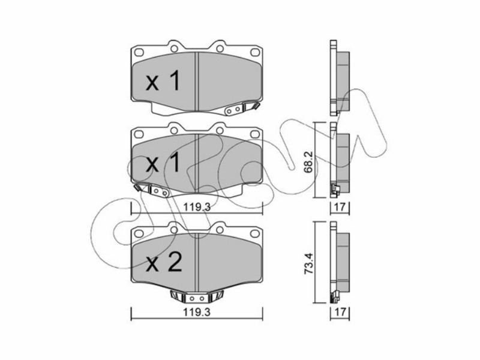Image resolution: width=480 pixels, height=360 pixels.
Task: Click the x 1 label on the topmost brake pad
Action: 163,81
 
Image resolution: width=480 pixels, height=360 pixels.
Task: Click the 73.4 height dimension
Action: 309,263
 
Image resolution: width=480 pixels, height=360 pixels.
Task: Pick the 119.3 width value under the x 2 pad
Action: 197,312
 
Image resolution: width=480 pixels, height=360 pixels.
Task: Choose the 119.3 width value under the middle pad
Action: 197,207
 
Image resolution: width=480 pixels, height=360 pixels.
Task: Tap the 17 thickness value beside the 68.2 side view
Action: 340,207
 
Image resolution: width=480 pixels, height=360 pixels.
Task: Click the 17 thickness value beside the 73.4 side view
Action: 340,312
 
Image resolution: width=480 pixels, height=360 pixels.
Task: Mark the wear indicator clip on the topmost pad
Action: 242,109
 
